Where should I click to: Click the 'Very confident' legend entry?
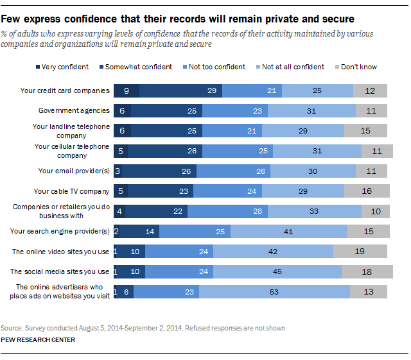[62, 67]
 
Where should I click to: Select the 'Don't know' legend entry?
[356, 67]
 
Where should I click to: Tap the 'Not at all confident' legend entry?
[290, 67]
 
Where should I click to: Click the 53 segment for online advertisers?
[274, 291]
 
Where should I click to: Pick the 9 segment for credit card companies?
[127, 90]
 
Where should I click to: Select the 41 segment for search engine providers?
[289, 232]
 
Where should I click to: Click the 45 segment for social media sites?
[277, 271]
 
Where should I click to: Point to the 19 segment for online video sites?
[360, 252]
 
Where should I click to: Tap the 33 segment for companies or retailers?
[315, 211]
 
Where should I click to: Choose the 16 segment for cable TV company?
[367, 191]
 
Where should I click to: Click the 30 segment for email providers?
[313, 171]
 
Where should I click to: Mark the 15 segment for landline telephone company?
[365, 130]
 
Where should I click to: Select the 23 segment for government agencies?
[235, 110]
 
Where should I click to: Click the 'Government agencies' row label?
[74, 110]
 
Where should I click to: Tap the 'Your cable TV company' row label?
[71, 191]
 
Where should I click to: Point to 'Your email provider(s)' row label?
[74, 171]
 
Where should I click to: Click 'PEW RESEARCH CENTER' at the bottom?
[38, 340]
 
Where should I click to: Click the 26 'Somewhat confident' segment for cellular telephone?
[165, 151]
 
